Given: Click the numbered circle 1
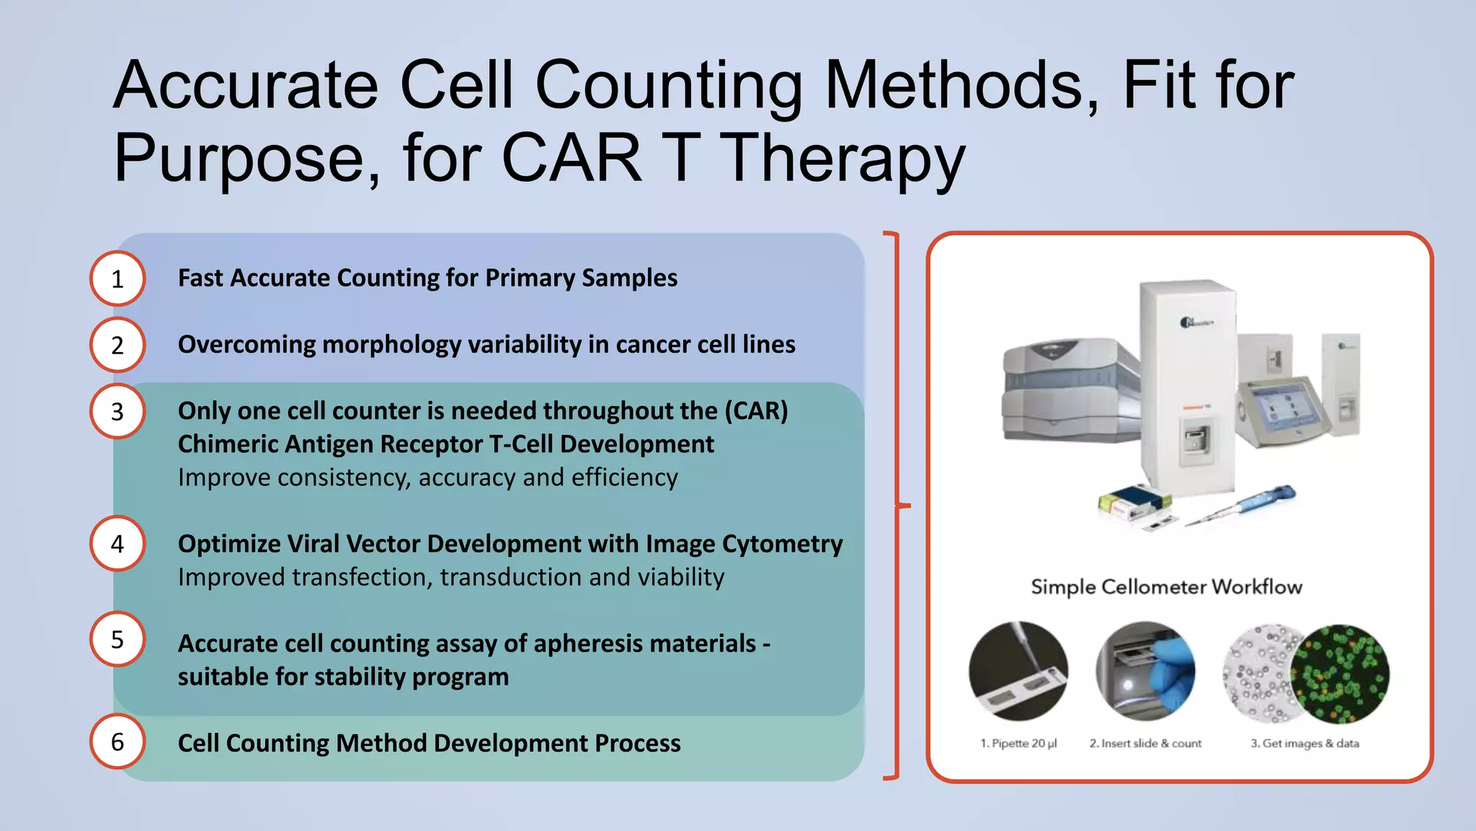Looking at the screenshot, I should click(117, 278).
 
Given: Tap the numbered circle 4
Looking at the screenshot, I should click(117, 544).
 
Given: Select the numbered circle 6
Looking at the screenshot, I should click(117, 742).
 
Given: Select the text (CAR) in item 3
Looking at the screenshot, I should click(756, 410).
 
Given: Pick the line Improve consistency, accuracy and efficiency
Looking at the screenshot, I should click(427, 478).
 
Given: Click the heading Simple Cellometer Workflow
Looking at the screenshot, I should click(1166, 586).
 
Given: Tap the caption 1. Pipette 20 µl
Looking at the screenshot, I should click(1018, 743).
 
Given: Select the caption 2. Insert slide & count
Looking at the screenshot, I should click(1145, 743).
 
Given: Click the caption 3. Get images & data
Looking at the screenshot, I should click(1304, 743).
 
